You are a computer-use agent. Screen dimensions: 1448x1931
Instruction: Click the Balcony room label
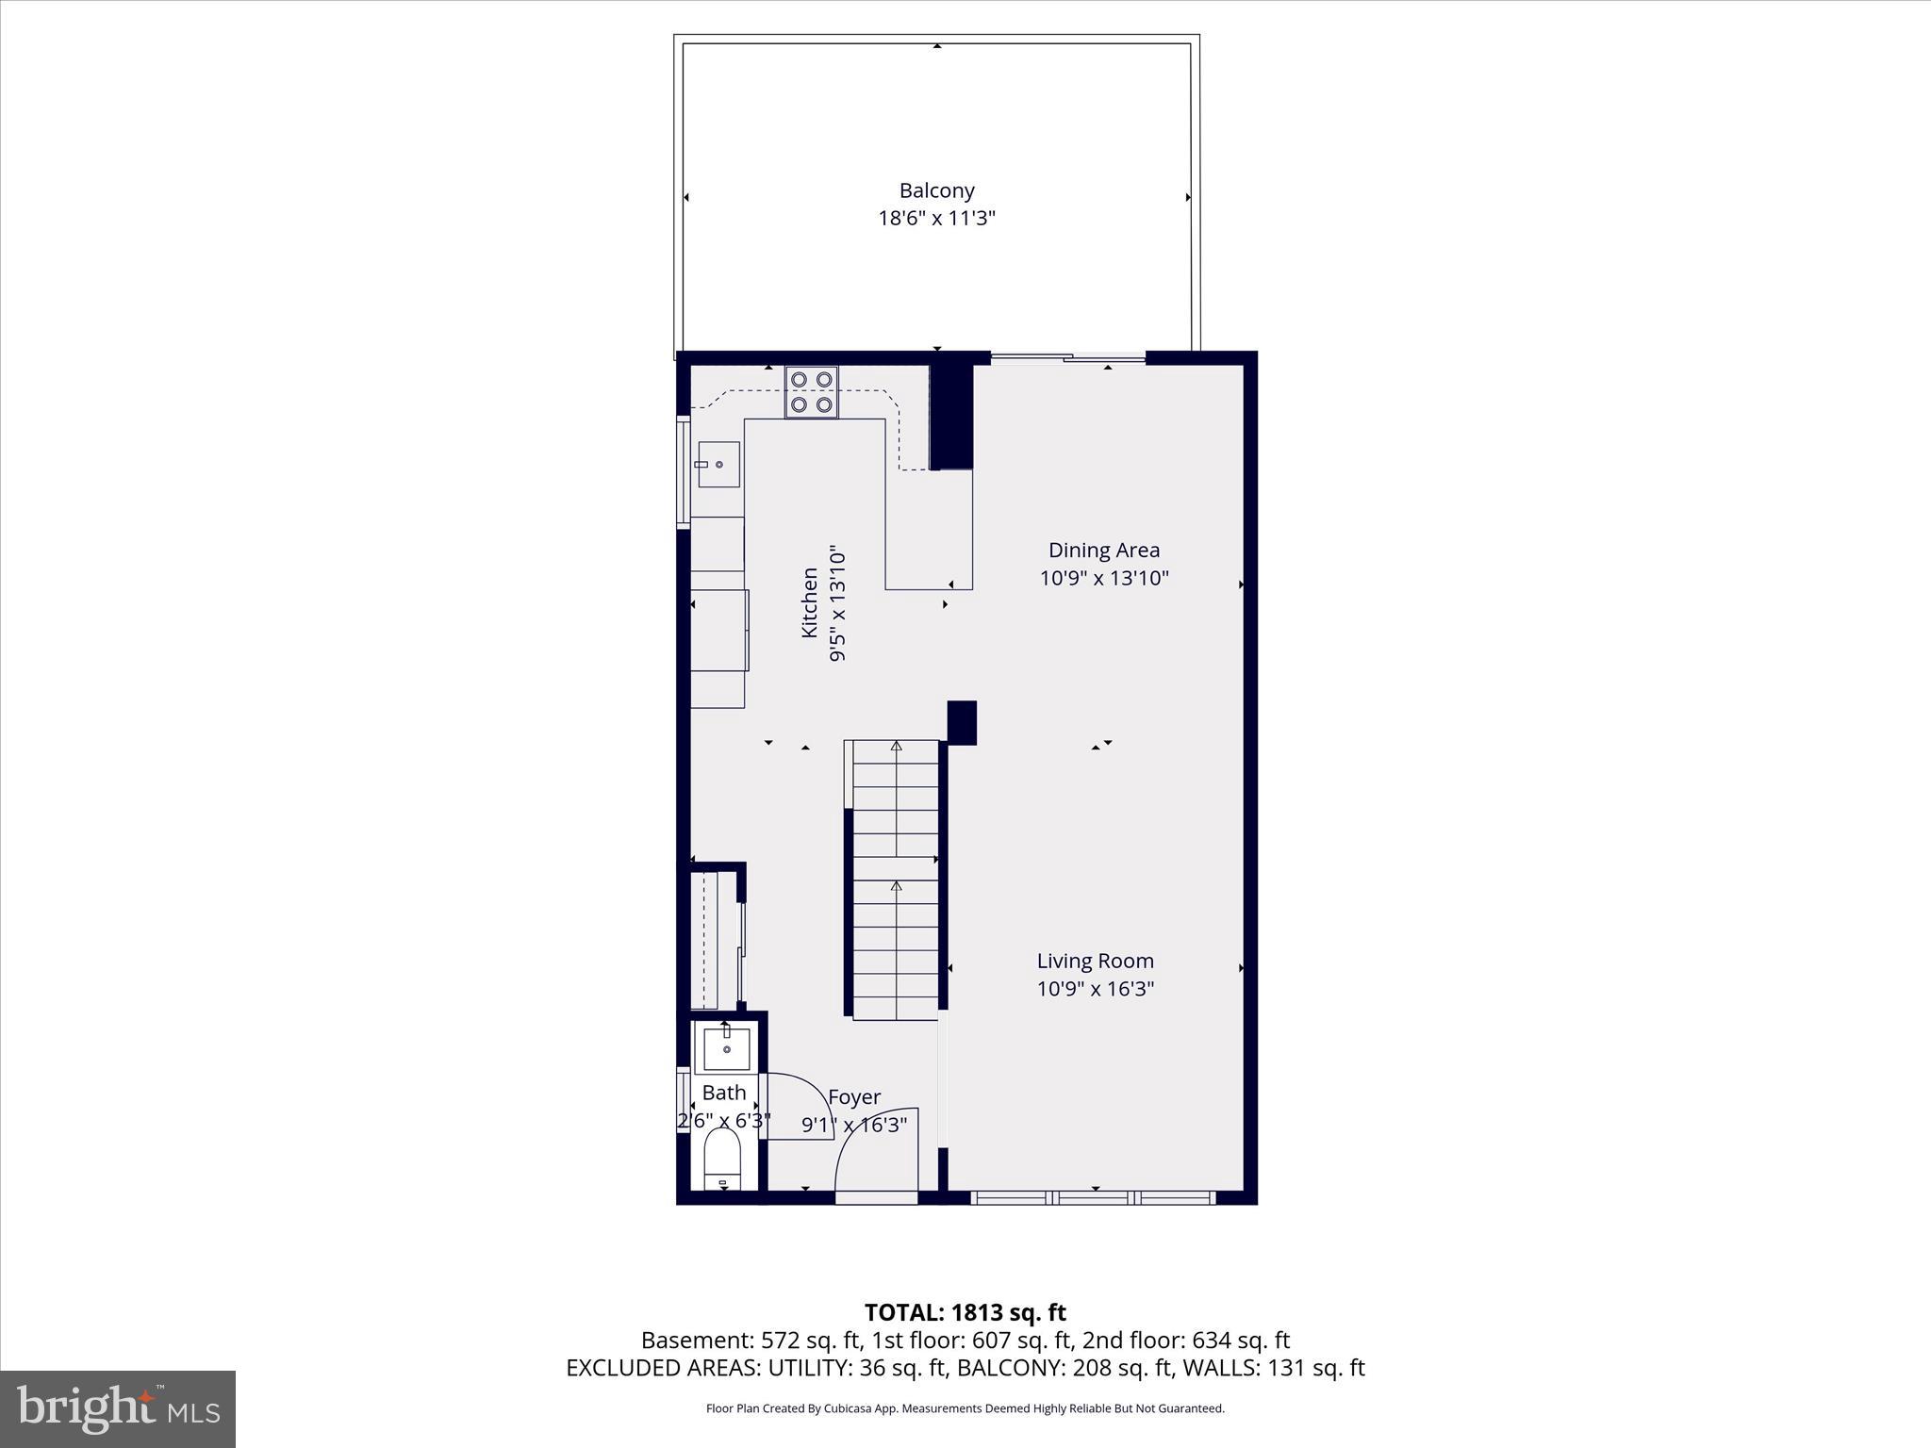936,190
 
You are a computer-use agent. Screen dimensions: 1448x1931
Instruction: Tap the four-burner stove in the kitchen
812,392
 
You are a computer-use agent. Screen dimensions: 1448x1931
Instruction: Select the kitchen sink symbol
718,464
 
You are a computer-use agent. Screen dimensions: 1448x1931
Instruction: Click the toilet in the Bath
723,1160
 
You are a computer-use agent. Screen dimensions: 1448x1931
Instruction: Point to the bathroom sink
727,1049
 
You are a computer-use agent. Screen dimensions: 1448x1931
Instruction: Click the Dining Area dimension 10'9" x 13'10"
1104,578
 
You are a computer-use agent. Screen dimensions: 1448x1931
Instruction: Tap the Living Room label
1095,961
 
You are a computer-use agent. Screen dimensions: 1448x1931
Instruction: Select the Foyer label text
854,1097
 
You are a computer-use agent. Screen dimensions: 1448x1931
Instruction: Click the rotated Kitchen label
810,602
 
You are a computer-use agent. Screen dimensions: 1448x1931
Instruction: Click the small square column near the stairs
962,722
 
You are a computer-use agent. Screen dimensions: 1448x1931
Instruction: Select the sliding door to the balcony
1067,357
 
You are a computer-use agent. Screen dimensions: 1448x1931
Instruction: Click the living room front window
1094,1198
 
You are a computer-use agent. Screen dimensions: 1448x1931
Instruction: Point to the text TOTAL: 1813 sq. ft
965,1312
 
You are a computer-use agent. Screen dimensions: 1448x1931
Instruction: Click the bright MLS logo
118,1408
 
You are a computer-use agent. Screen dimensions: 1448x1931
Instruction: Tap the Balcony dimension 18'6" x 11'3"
936,219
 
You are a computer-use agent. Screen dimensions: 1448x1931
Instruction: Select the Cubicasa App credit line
965,1408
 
